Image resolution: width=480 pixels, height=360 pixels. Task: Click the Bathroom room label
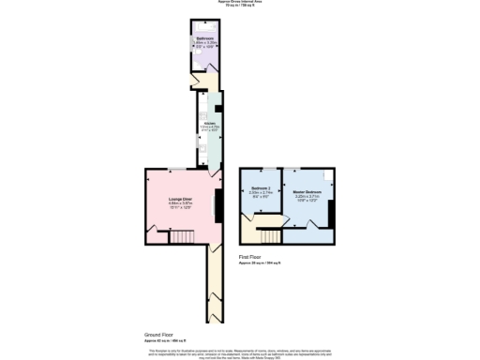click(x=204, y=38)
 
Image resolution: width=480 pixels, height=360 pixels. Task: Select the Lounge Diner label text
click(x=180, y=199)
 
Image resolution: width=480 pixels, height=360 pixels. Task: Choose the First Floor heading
click(x=251, y=256)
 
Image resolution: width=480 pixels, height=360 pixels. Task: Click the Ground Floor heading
click(x=158, y=334)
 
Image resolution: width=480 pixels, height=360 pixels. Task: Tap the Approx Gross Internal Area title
click(x=239, y=3)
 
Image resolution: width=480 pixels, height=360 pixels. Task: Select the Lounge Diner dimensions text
click(x=180, y=207)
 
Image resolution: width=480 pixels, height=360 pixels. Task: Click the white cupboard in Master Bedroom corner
click(x=328, y=174)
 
